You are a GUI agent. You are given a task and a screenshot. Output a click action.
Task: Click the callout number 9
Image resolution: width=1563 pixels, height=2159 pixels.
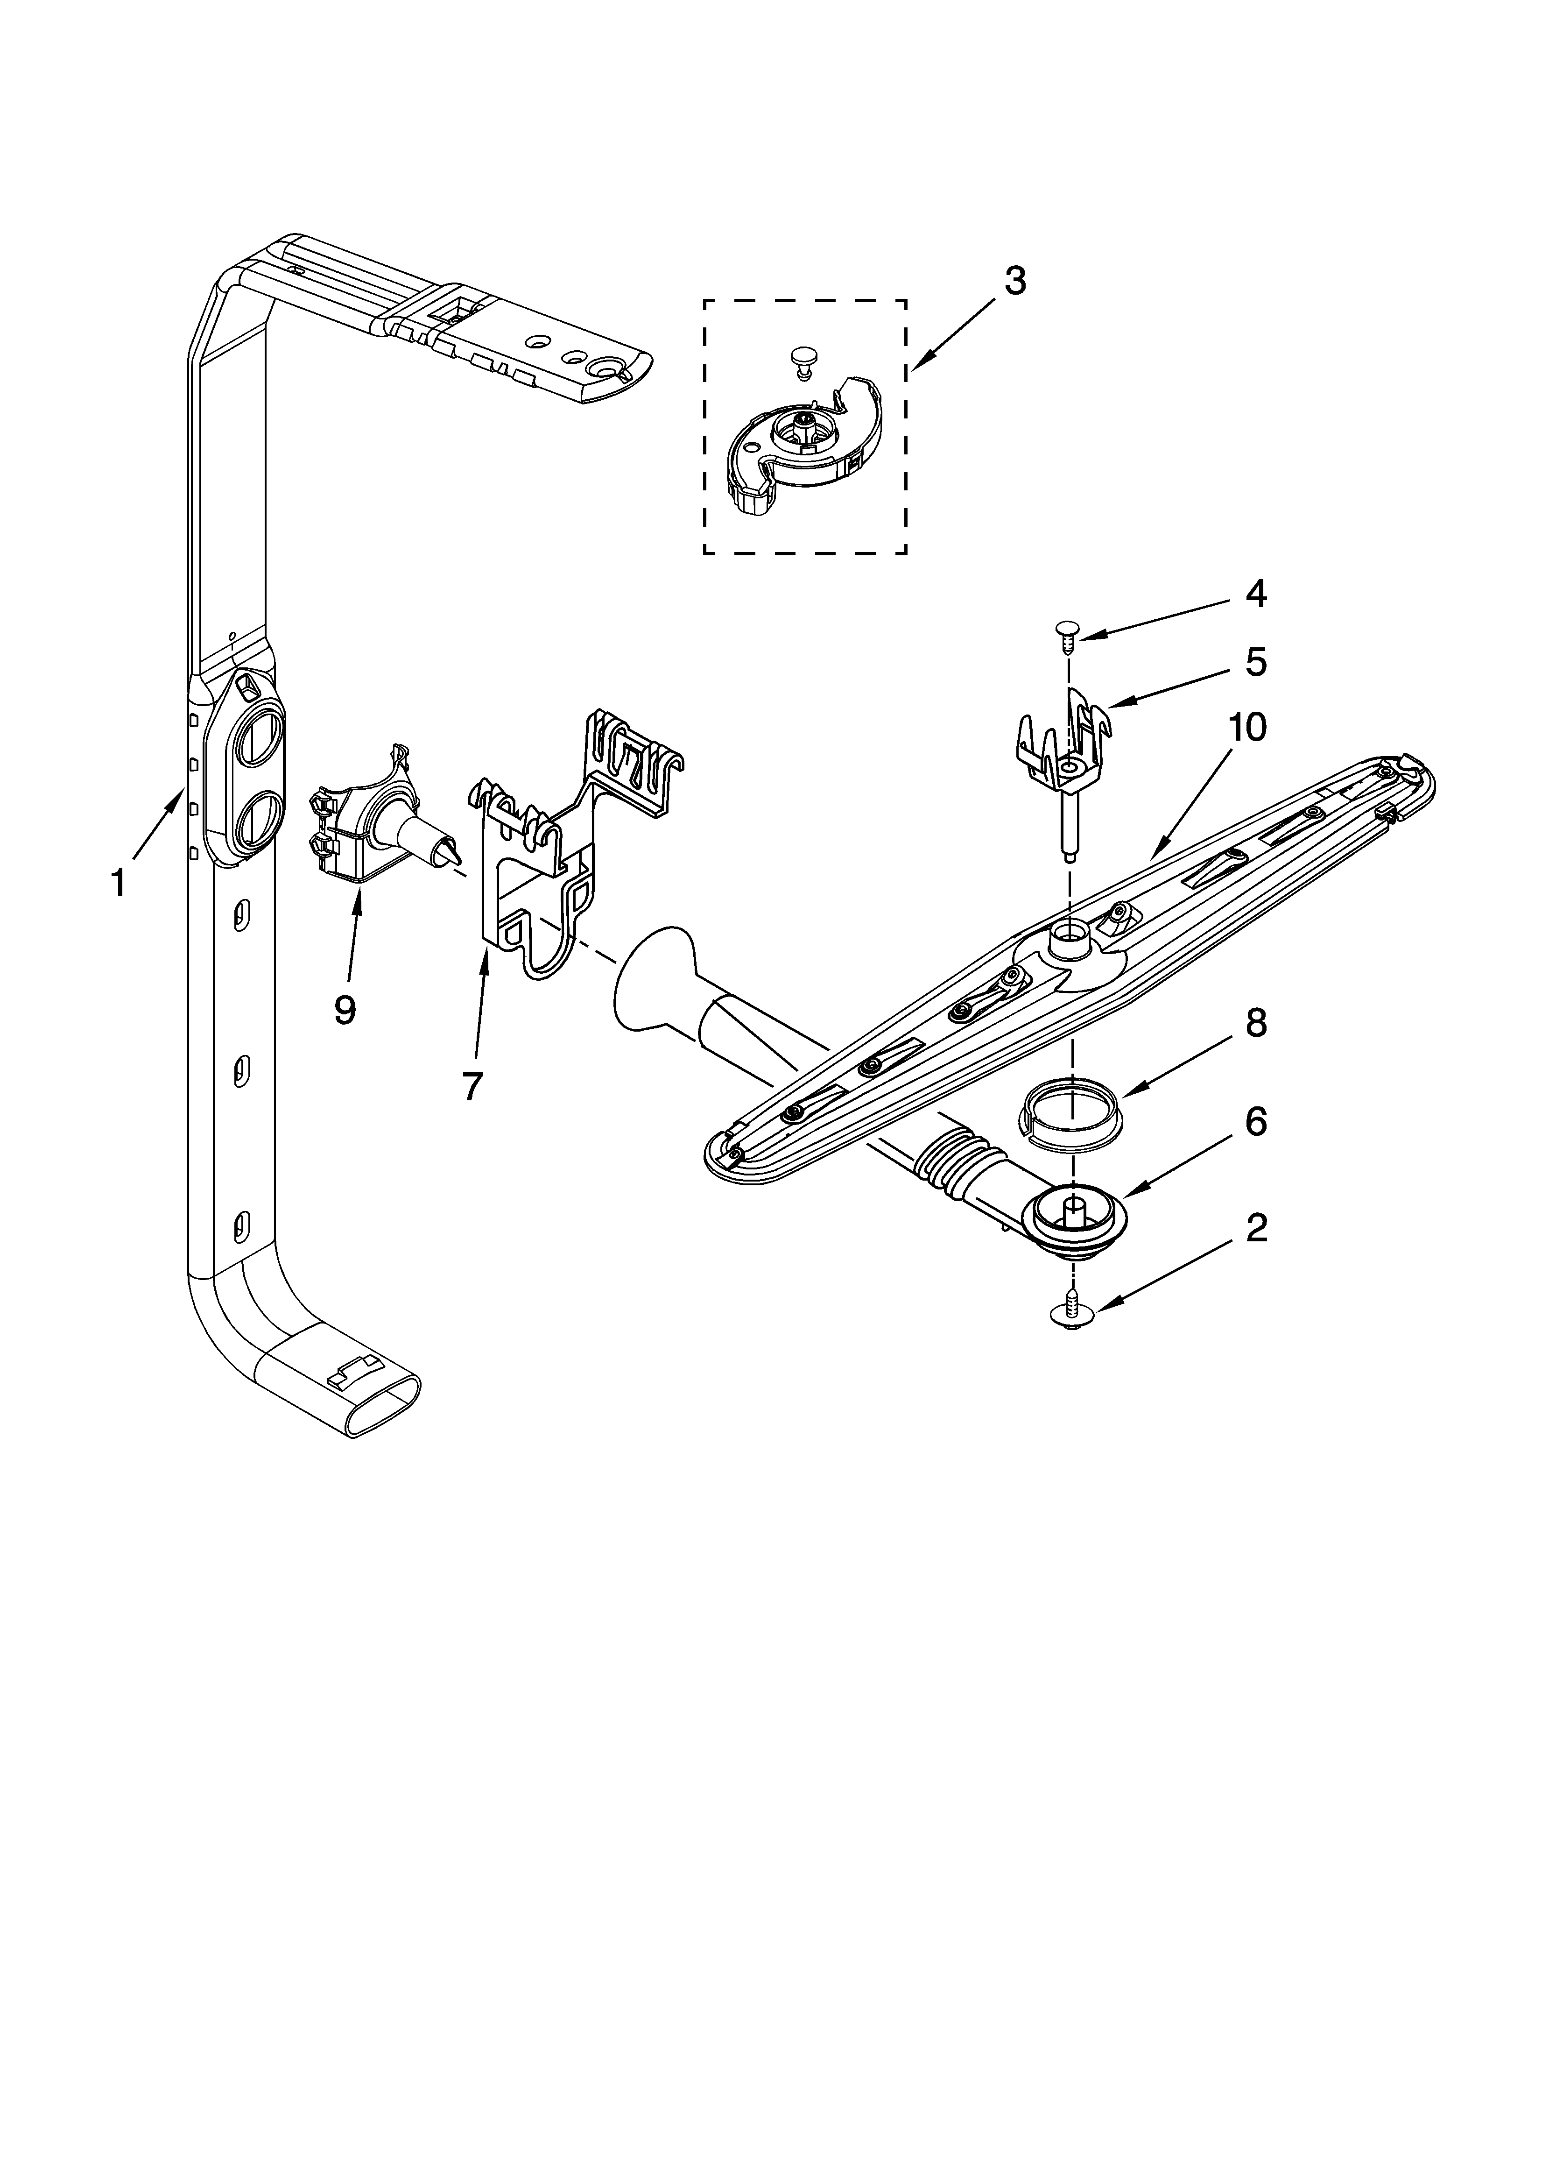point(345,1009)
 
